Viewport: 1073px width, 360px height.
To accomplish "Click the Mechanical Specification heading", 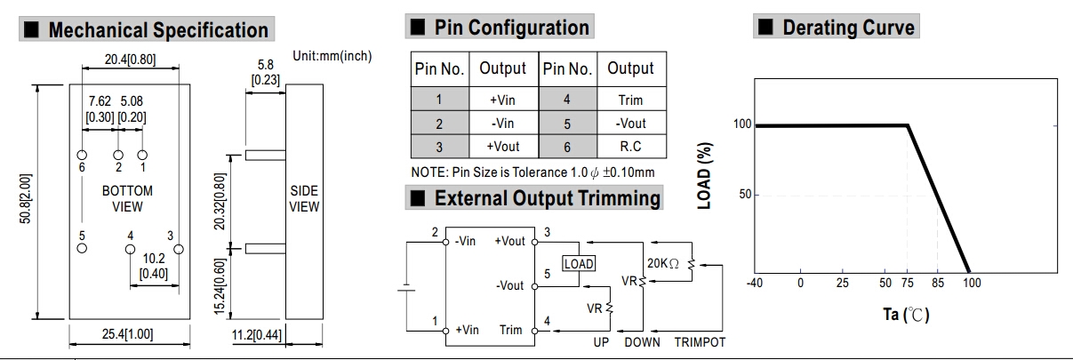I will click(x=158, y=30).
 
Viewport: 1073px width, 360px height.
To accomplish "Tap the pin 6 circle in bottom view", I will click(x=82, y=154).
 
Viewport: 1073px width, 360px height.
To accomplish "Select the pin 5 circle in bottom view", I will click(x=82, y=248).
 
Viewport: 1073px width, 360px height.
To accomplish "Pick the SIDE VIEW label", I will click(x=304, y=199).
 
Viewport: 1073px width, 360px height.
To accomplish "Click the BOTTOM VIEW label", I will click(x=127, y=199).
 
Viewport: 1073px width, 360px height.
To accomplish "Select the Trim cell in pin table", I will click(x=630, y=100).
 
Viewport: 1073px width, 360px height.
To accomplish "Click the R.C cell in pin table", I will click(x=630, y=147).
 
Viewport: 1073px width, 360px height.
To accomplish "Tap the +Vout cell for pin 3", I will click(x=504, y=147).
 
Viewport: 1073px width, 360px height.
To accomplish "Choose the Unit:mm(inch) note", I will click(x=332, y=56).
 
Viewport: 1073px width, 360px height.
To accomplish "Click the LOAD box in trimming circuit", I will click(x=578, y=263).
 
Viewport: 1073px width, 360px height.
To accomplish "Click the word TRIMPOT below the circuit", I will click(x=701, y=342).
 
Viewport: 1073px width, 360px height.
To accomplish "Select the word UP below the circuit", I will click(x=602, y=342).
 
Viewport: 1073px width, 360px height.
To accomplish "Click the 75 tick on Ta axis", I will click(x=909, y=283).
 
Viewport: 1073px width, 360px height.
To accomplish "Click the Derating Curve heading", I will click(x=847, y=28).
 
